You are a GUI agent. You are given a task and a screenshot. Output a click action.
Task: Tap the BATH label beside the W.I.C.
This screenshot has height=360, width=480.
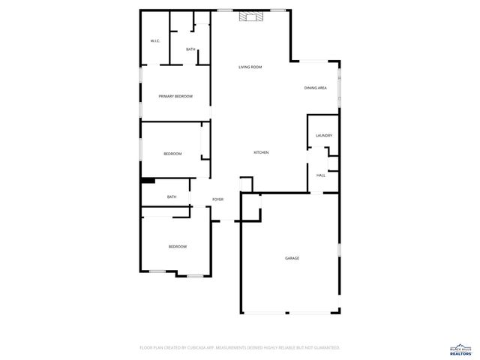pos(190,49)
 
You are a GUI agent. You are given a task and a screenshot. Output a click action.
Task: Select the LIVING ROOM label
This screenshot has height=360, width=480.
pos(250,67)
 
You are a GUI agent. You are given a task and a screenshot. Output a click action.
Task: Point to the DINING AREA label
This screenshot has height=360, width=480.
pos(315,88)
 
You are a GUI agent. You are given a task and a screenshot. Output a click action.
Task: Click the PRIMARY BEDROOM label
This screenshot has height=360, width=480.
pos(175,96)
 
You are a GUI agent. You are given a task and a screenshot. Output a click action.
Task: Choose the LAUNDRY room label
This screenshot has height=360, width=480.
pos(324,136)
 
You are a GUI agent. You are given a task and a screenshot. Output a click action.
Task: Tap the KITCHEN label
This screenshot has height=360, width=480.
pos(261,153)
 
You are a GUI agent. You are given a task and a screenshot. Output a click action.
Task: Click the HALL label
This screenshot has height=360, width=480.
pos(320,175)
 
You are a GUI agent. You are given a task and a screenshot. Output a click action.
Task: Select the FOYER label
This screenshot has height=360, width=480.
pos(217,199)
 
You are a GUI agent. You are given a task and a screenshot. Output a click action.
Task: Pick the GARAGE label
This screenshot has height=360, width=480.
pos(292,259)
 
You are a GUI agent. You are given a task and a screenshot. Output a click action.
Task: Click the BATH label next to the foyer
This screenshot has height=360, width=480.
pos(172,197)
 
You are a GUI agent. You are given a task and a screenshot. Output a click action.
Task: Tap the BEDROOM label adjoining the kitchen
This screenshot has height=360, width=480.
pos(172,154)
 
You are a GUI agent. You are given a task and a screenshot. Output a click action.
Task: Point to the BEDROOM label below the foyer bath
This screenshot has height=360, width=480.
pos(177,247)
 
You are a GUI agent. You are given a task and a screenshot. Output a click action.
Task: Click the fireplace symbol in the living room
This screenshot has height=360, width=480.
pos(249,16)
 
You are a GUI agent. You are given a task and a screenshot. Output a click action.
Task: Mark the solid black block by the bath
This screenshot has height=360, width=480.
pos(148,180)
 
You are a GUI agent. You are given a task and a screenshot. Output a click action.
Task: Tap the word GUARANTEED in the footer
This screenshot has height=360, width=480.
pos(324,348)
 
